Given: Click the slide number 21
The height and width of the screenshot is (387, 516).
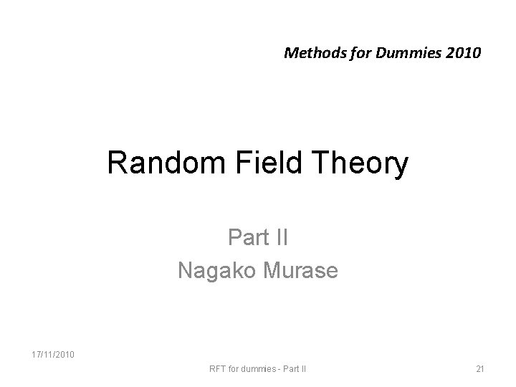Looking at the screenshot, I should tap(479, 369).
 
